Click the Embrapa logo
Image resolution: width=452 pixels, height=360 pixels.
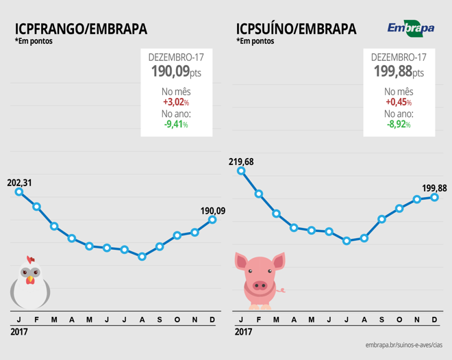coord(410,28)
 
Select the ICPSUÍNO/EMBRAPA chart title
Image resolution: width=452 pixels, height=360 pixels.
coord(296,29)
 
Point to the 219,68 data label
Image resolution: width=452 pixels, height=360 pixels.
coord(241,162)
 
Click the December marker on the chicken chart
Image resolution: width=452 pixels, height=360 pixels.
coord(212,219)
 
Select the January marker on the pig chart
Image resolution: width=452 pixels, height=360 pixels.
coord(241,171)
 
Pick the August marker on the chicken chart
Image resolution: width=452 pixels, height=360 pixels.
coord(142,257)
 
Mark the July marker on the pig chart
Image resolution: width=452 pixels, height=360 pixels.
coord(347,241)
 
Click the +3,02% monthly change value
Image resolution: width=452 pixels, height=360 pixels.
coord(176,102)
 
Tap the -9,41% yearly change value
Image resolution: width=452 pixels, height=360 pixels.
coord(176,125)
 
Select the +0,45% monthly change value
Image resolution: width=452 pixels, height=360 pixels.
coord(399,102)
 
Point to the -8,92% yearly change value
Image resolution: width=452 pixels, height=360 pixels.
coord(399,125)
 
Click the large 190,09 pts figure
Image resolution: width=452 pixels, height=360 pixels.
coord(176,71)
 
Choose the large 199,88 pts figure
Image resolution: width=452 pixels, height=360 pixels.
coord(399,71)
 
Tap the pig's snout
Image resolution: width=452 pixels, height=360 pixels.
coord(260,285)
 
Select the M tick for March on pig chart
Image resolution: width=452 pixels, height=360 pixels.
coord(276,320)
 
